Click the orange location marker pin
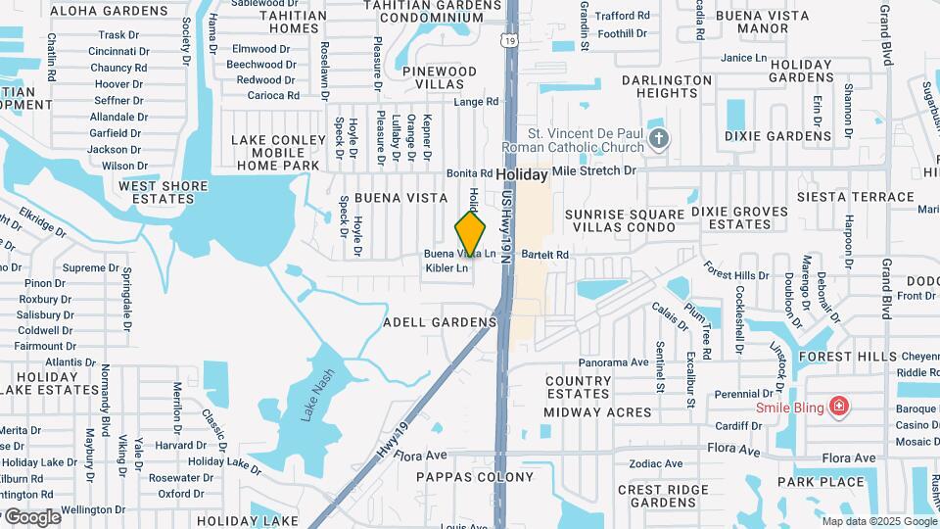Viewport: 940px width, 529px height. point(471,233)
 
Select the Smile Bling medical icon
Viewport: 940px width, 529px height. point(837,406)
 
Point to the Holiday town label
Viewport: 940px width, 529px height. point(521,174)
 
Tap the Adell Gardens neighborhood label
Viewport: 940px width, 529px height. point(440,322)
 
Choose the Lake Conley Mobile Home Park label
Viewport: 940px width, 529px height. point(278,153)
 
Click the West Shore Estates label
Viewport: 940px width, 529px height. point(163,192)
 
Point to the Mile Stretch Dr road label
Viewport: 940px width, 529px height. point(594,170)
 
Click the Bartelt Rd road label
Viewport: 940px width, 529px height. point(545,255)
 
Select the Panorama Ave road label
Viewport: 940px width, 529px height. point(613,361)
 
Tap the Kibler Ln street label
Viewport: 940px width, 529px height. point(446,267)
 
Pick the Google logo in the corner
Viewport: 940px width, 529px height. point(31,516)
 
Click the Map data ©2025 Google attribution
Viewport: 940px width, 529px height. point(879,521)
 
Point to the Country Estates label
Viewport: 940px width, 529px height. point(578,387)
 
